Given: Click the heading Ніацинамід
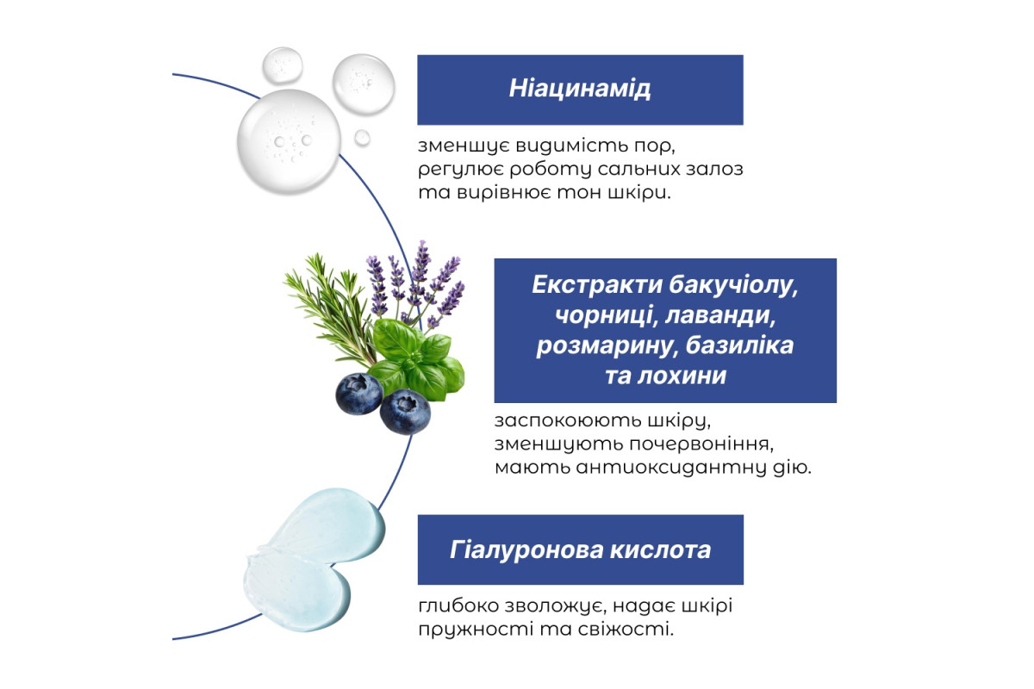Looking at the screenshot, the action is [x=580, y=89].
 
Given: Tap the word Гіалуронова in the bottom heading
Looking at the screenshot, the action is [x=526, y=549].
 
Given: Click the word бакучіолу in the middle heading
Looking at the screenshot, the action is [x=733, y=285].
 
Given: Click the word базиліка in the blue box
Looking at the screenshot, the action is [x=739, y=345].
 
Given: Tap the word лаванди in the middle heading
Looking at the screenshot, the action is [x=720, y=315].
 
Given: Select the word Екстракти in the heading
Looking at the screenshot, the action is [x=597, y=284].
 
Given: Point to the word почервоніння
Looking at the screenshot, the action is [x=701, y=444].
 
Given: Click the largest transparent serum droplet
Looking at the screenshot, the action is [x=289, y=141].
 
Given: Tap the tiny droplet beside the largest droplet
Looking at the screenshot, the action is [x=363, y=138].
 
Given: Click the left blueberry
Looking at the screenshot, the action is [x=359, y=394].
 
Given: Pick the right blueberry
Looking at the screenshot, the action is [x=405, y=412].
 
